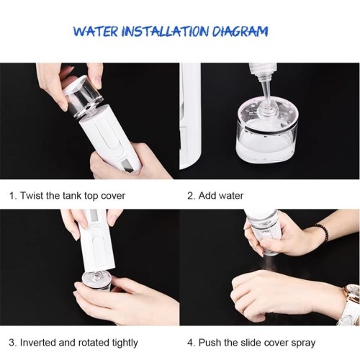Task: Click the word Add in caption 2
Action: pos(209,195)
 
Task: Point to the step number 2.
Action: pos(191,195)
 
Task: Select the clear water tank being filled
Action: pos(266,140)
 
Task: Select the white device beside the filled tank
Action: pos(189,115)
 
